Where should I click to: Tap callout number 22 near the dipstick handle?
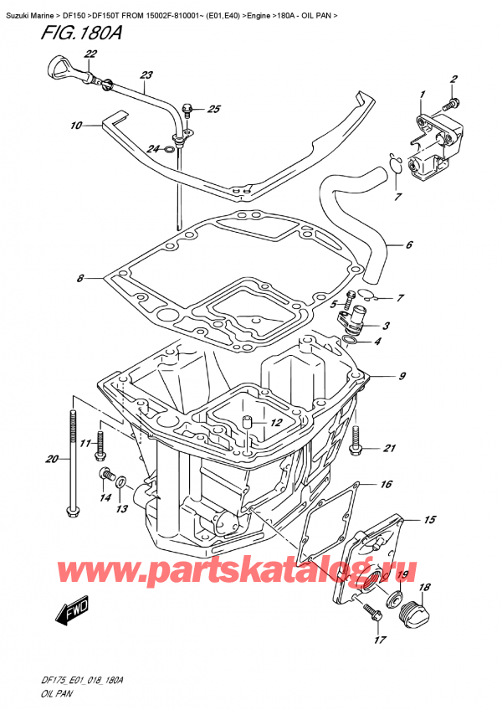(90, 54)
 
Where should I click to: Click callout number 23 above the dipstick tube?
(147, 75)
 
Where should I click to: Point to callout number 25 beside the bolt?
(214, 109)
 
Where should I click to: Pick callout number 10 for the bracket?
(76, 126)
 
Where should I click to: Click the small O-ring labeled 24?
(171, 151)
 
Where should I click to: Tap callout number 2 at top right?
(453, 80)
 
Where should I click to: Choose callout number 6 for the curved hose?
(408, 246)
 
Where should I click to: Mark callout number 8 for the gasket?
(79, 279)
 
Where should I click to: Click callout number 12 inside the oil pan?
(274, 424)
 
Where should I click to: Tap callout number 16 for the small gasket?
(386, 485)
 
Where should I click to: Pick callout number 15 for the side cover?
(429, 520)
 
